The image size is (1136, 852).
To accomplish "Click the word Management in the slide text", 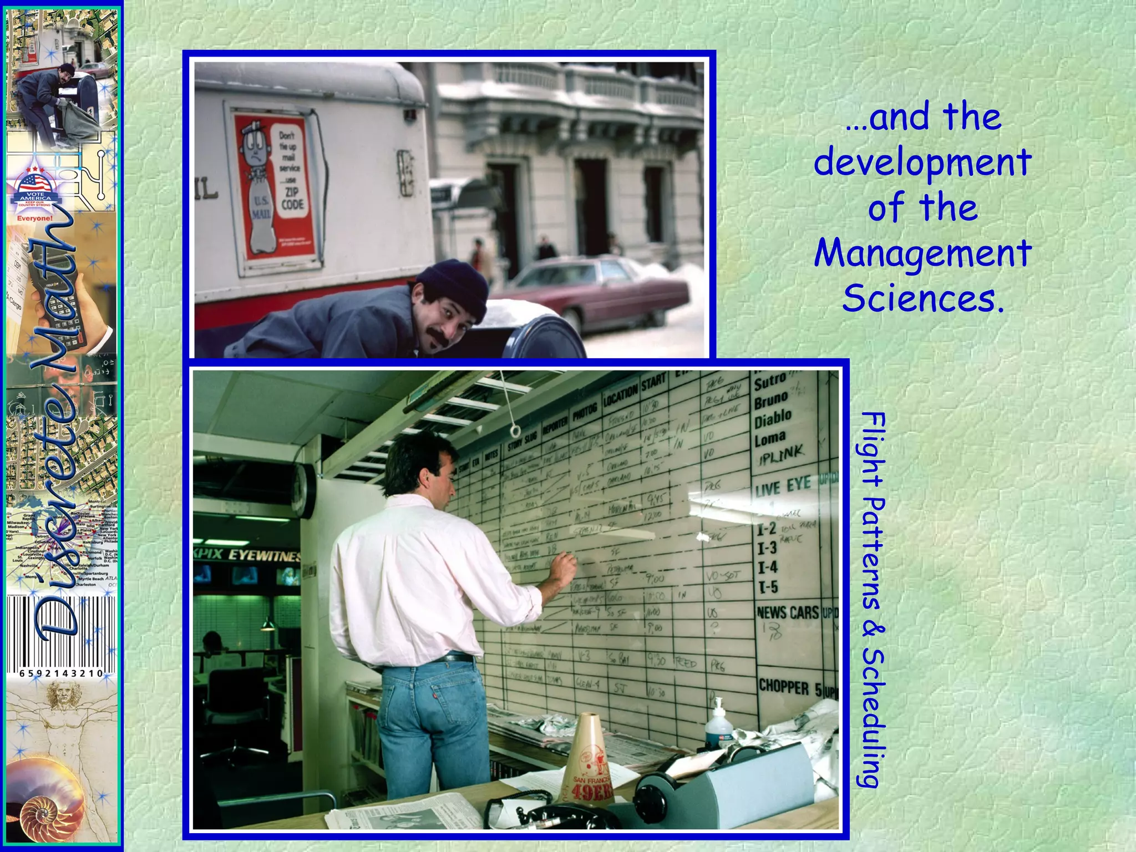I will (922, 254).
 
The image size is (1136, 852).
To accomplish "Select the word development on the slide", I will (922, 163).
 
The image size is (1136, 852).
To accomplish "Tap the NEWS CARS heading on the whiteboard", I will (788, 612).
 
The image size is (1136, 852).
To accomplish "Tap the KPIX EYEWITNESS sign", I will (247, 555).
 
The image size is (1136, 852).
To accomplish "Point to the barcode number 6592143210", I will (61, 673).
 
